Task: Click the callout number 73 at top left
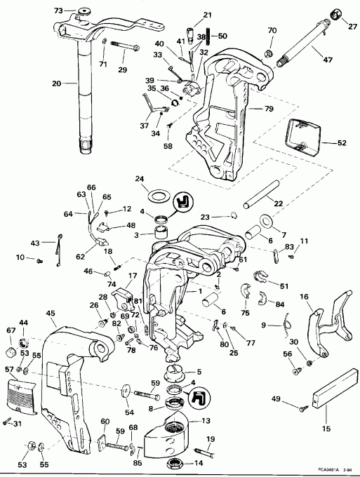tap(59, 11)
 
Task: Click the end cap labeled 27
tap(335, 15)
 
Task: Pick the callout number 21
tap(188, 15)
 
